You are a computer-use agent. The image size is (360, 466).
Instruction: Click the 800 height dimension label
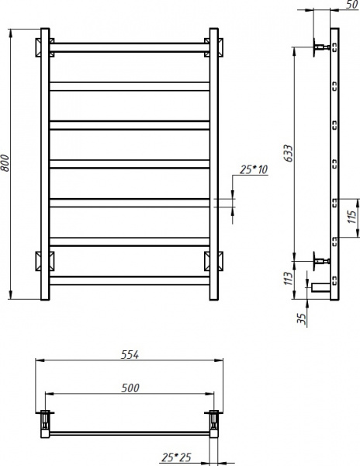coord(5,163)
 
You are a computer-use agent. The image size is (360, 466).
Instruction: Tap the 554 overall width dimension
coord(130,355)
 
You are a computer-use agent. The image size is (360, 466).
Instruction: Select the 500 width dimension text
coord(130,388)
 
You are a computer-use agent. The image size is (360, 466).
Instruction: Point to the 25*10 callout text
coord(254,169)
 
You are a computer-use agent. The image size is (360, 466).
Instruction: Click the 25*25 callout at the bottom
coord(176,457)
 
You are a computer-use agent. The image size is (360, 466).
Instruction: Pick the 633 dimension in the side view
coord(288,153)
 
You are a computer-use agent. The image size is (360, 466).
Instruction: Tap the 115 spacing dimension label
coord(351,217)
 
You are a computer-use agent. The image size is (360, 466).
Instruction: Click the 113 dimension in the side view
coord(288,279)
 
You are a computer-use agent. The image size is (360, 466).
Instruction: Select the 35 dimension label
coord(301,319)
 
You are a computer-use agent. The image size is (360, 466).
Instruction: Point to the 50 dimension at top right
coord(352,5)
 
